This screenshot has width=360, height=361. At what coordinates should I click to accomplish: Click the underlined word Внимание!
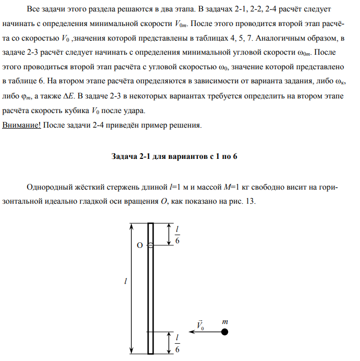(x=21, y=126)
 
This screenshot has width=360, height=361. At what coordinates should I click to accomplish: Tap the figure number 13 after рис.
(x=250, y=202)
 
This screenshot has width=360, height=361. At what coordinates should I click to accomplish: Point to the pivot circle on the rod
(x=150, y=245)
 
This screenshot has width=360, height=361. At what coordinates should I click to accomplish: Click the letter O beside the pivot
(x=140, y=245)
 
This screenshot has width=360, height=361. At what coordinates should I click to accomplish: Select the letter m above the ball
(x=225, y=322)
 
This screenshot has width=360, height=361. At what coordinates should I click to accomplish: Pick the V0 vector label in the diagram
(x=200, y=325)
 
